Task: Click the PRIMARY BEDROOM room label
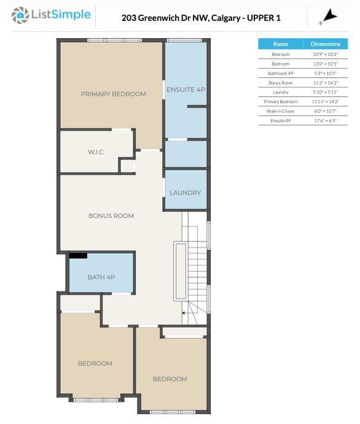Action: click(x=114, y=94)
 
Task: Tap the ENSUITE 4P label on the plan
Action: click(x=186, y=90)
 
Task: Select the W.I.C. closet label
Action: click(x=96, y=152)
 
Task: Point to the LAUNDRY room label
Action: click(x=186, y=193)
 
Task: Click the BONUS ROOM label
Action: click(x=111, y=216)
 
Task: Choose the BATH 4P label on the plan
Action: click(x=101, y=277)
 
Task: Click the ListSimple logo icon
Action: click(x=20, y=15)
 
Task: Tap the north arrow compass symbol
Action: click(x=329, y=16)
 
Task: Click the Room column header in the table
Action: click(x=281, y=44)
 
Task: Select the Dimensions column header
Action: click(x=326, y=44)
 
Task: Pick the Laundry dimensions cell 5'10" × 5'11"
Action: click(x=326, y=92)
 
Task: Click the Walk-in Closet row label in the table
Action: click(x=280, y=111)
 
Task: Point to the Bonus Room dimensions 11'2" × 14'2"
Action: click(x=326, y=83)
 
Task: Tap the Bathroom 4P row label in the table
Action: click(x=281, y=73)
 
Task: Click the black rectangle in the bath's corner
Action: click(x=78, y=256)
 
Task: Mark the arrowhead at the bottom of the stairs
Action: click(x=184, y=313)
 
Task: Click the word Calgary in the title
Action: click(x=226, y=18)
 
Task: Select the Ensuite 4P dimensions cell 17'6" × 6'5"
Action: click(x=326, y=120)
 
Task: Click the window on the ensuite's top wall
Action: click(x=184, y=41)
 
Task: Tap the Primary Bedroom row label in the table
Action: click(x=281, y=101)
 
